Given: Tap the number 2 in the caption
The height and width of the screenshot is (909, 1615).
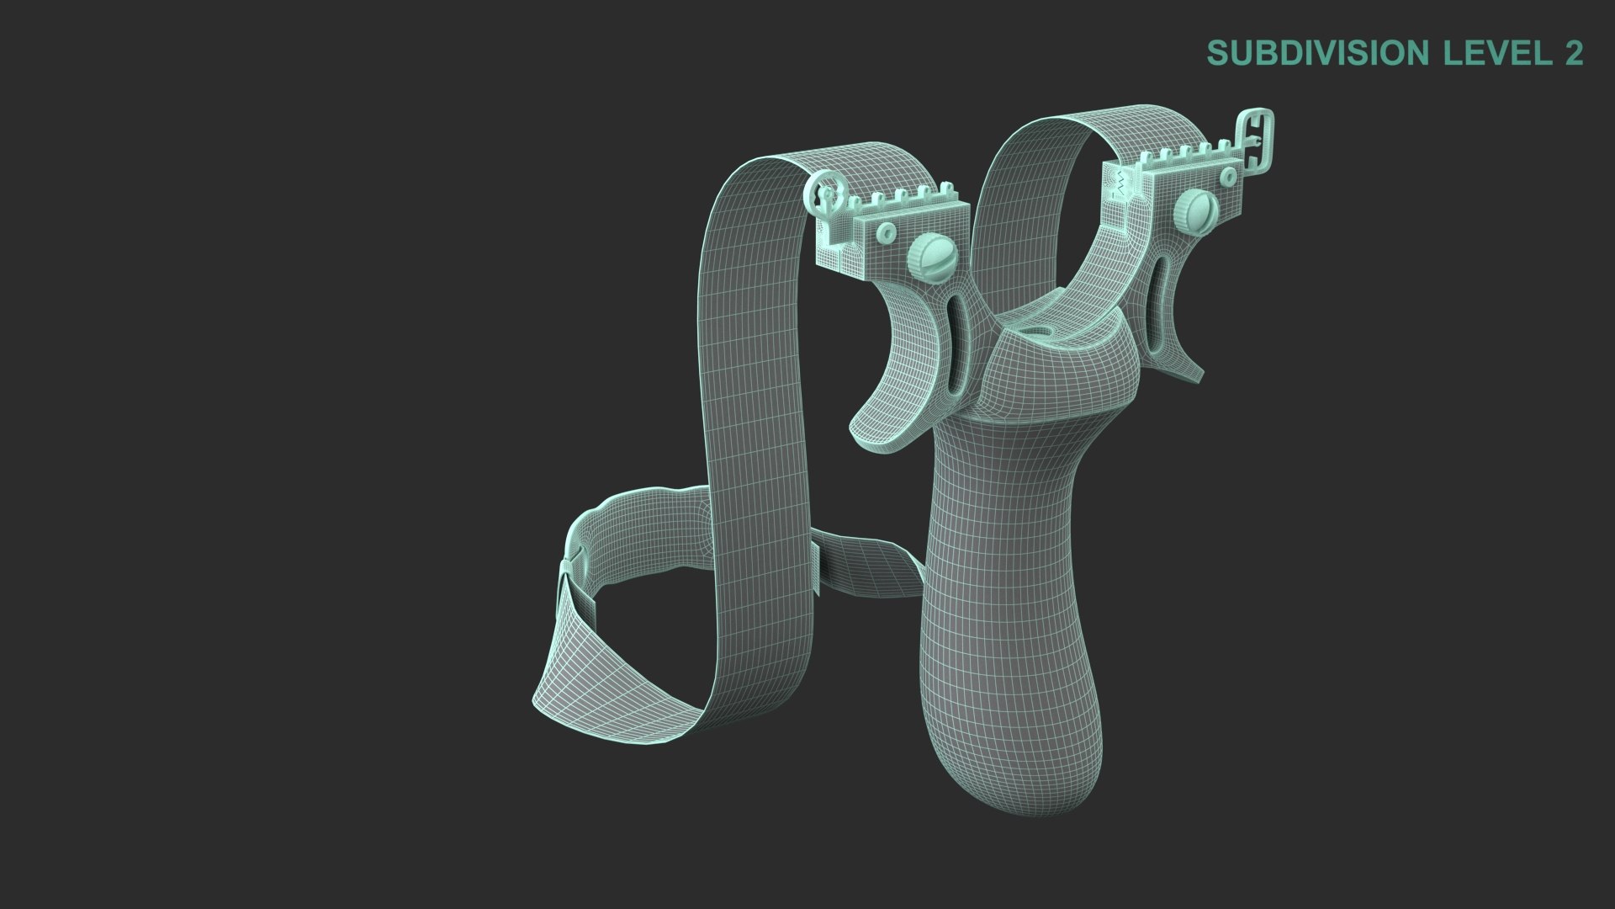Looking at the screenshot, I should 1574,53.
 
